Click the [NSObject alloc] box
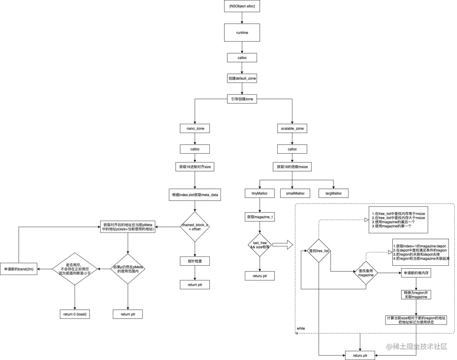click(x=242, y=7)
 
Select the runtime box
click(x=242, y=33)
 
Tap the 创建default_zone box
click(x=242, y=78)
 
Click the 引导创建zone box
click(x=242, y=99)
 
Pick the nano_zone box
click(x=195, y=129)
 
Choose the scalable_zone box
click(x=292, y=129)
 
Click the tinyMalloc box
click(x=259, y=193)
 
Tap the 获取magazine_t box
click(x=259, y=217)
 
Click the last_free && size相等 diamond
click(x=259, y=244)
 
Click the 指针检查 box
click(x=195, y=261)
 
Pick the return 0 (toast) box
click(x=75, y=314)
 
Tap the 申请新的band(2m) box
click(x=19, y=269)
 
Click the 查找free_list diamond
click(x=319, y=251)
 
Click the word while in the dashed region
click(x=301, y=328)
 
